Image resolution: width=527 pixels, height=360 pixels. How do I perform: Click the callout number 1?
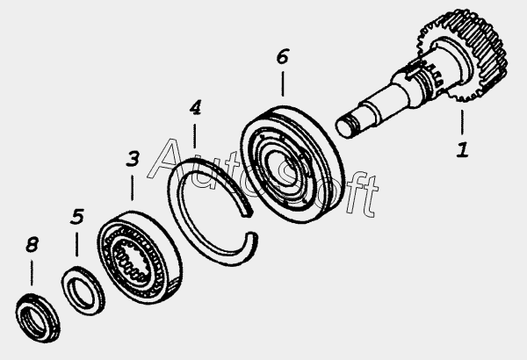pos(463,150)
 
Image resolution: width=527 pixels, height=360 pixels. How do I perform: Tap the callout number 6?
pos(283,56)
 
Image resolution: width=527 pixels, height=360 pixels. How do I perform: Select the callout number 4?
pos(195,108)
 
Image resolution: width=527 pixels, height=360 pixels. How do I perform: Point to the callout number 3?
pos(133,159)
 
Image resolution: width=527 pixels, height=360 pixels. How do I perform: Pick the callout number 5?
pos(77,217)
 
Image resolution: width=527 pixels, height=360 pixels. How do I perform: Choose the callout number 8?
pos(32,244)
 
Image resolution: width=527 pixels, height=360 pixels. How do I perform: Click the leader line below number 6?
pos(283,83)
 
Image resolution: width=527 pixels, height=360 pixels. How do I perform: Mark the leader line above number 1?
pos(463,123)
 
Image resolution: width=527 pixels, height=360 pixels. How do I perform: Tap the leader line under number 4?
pos(195,136)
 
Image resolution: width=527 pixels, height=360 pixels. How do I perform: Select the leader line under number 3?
pos(132,188)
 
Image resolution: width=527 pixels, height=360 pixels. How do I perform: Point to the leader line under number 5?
pos(76,244)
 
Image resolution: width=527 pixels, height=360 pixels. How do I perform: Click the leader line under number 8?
pos(32,272)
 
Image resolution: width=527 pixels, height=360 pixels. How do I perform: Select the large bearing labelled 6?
pos(292,164)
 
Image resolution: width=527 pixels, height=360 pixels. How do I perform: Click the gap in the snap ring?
pos(250,223)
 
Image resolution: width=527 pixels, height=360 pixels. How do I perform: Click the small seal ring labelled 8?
pos(38,318)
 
